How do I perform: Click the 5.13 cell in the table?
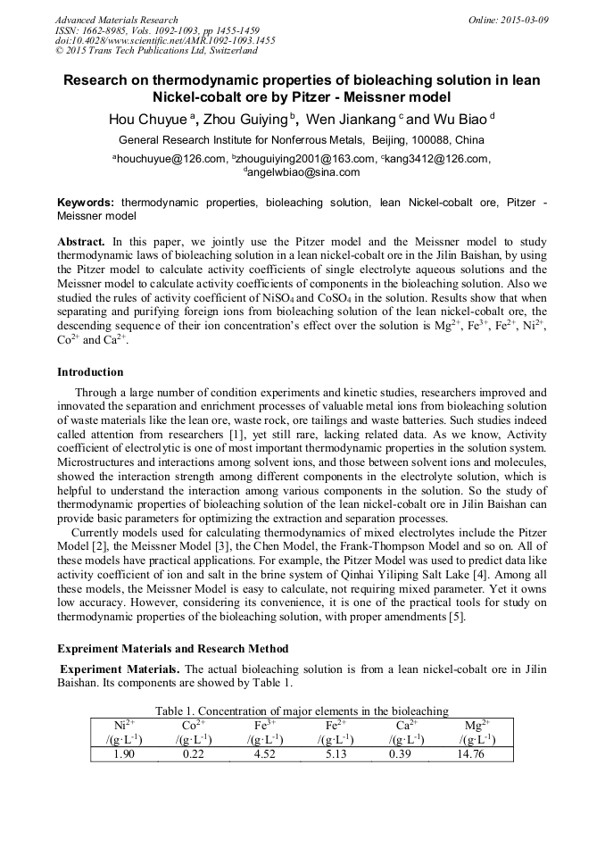click(x=336, y=753)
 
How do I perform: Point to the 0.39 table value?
click(x=406, y=753)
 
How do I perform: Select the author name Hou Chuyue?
click(x=146, y=120)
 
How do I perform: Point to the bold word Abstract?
click(x=81, y=242)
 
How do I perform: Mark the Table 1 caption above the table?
click(x=302, y=711)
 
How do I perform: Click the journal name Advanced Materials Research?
click(x=117, y=20)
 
